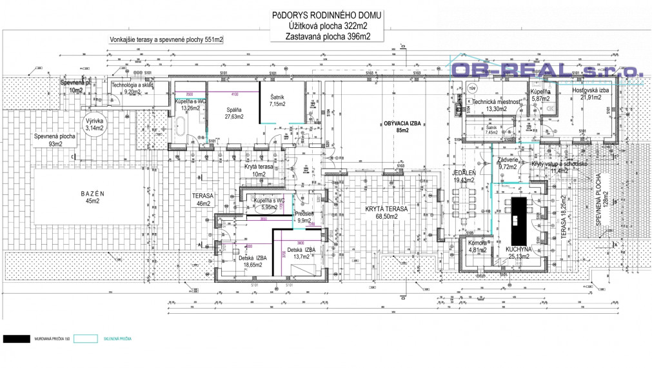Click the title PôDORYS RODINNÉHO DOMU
(327, 15)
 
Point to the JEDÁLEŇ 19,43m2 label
(463, 177)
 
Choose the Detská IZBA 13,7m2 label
(301, 253)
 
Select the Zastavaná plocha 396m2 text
(328, 37)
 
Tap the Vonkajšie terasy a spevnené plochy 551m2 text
(166, 40)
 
